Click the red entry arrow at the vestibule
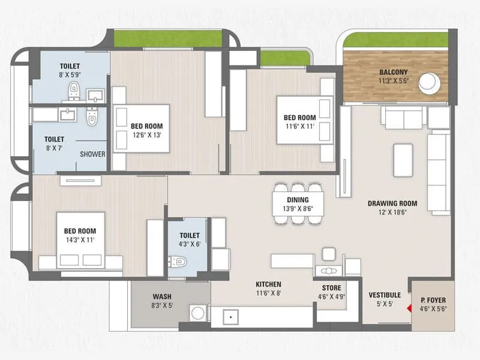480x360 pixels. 409,309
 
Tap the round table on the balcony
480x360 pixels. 430,83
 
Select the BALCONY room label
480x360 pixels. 394,73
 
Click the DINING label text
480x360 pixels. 298,200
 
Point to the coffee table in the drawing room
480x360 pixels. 403,160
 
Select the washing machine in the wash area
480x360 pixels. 198,313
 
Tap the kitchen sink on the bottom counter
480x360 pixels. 231,317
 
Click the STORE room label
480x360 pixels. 331,288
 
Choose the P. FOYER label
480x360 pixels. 433,300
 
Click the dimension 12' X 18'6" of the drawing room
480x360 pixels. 392,212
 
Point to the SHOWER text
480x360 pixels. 93,154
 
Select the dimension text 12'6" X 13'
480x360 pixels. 147,135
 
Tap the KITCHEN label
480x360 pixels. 268,284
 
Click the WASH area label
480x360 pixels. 162,296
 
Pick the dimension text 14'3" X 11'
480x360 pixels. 80,240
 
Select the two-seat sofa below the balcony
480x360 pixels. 404,119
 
